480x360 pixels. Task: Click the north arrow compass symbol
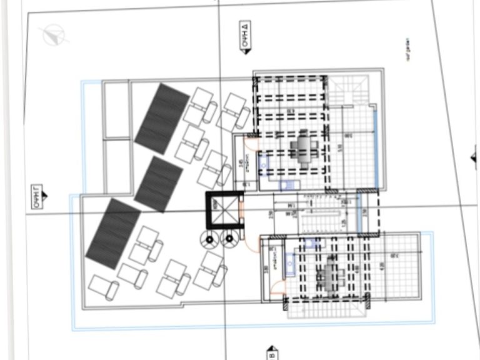click(52, 34)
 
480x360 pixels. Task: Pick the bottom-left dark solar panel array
click(114, 232)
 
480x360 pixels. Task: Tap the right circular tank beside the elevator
click(229, 238)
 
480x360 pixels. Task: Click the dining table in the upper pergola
click(302, 149)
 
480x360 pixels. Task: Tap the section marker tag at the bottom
click(272, 352)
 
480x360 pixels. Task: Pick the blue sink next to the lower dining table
click(291, 266)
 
